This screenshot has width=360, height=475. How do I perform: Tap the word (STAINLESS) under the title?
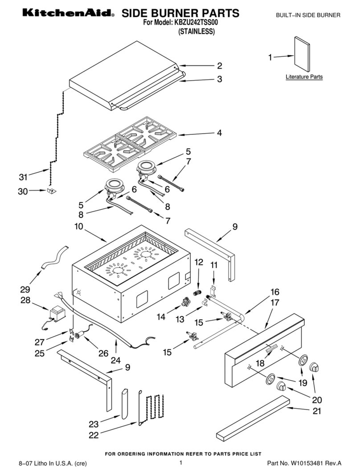(196, 32)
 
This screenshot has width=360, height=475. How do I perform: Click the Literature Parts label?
(304, 77)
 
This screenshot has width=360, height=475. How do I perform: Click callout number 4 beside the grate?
(219, 133)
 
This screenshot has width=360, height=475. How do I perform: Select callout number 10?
(78, 227)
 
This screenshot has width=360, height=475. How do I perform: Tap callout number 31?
(23, 177)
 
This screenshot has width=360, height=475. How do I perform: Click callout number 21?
(316, 411)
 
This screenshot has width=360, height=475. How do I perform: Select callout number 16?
(275, 292)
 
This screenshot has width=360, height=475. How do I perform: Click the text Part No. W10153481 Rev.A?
(304, 463)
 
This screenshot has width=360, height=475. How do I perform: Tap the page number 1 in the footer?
(181, 463)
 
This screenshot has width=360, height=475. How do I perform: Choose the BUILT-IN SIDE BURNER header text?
(308, 15)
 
